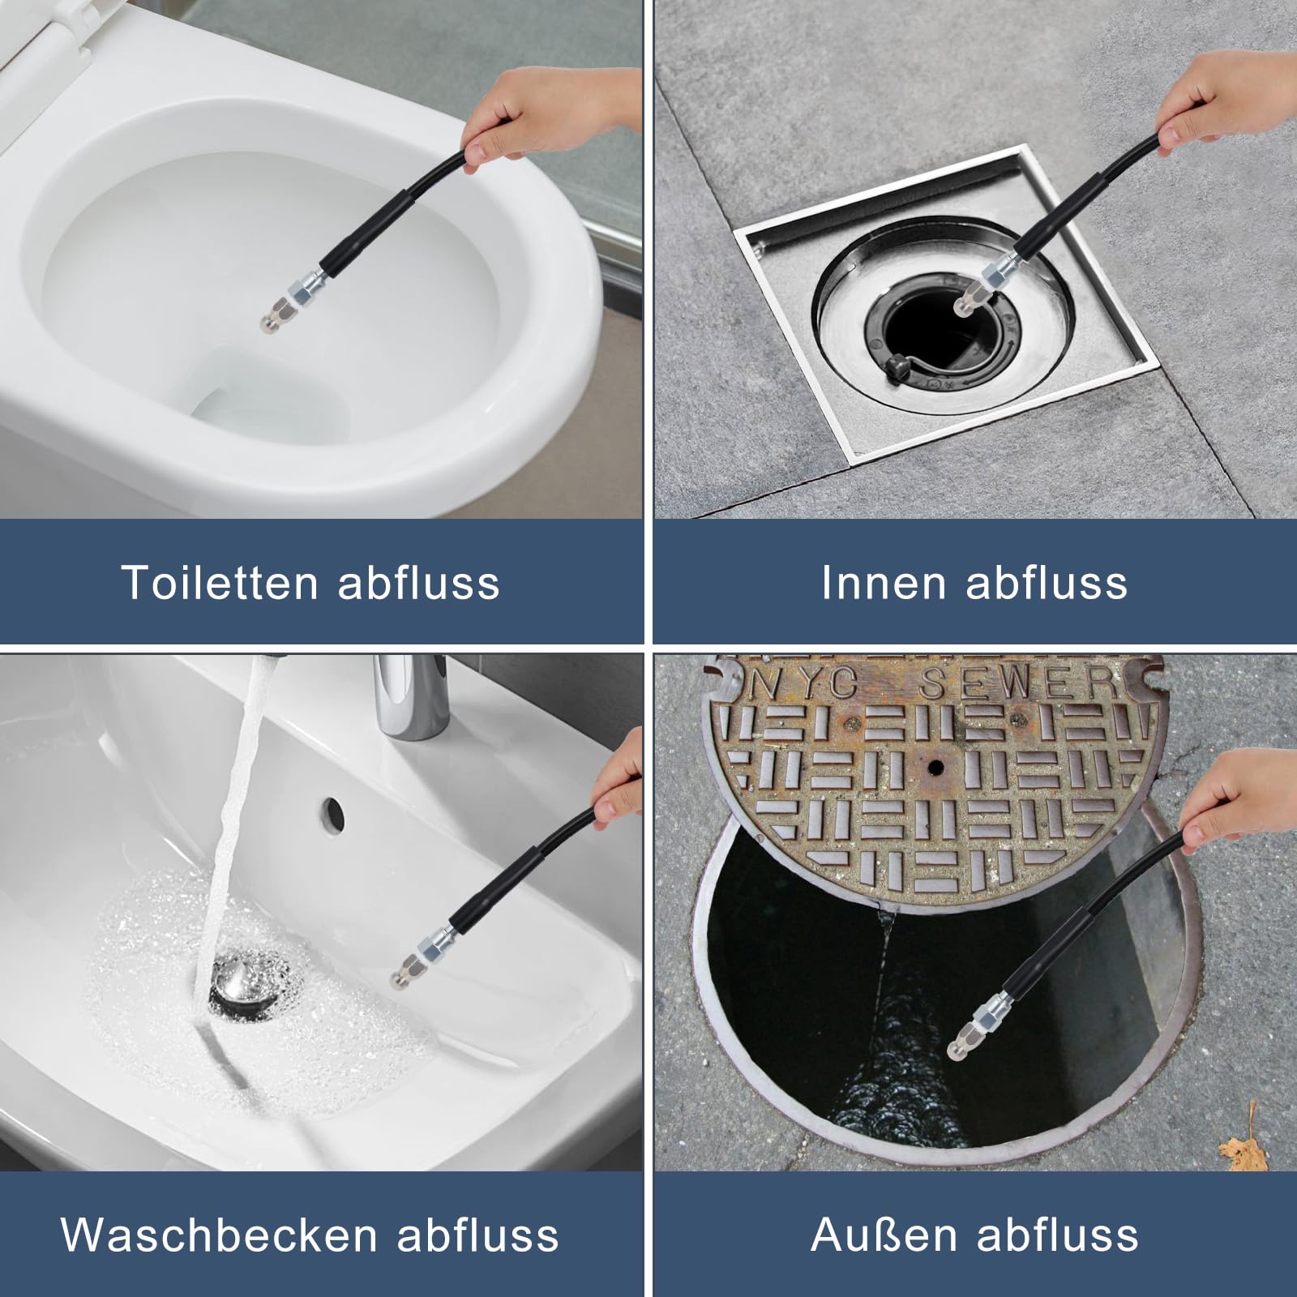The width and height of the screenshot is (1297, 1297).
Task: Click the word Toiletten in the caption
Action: [219, 582]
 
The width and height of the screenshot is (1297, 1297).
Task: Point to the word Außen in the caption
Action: [884, 1235]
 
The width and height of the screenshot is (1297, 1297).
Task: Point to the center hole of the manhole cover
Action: [936, 766]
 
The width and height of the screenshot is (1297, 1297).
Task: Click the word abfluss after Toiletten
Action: [418, 582]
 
